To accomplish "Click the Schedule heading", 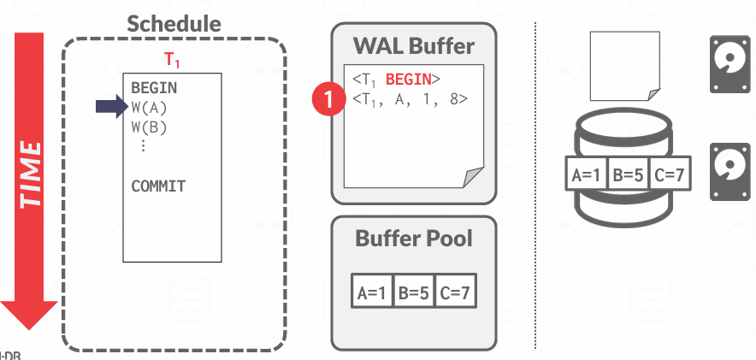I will pos(175,23).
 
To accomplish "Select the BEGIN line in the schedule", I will pos(154,87).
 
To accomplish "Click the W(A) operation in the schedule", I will pos(149,108).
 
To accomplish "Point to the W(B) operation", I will pos(149,127).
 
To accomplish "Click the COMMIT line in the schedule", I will pos(158,186).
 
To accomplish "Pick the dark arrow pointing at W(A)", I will pos(110,107).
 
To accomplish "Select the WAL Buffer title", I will pos(413,44).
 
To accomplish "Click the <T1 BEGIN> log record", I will pos(396,80).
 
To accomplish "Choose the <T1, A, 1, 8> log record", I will pos(410,100).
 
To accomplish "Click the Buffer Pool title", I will pos(413,238).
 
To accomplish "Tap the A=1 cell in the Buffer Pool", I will pos(373,292).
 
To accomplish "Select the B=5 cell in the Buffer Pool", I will pos(414,292).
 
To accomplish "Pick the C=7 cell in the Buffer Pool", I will pos(455,292).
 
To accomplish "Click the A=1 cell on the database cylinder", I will pos(588,177).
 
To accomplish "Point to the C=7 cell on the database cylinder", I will pos(670,177).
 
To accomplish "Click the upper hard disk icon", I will pos(729,64).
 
